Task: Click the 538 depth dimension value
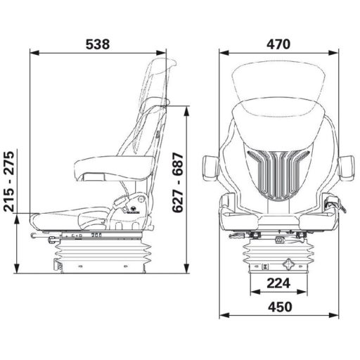pos(98,44)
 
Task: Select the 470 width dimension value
pos(278,44)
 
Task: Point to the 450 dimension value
pos(278,307)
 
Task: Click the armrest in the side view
pos(112,167)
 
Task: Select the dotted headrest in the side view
pos(155,81)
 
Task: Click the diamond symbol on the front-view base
pos(288,266)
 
